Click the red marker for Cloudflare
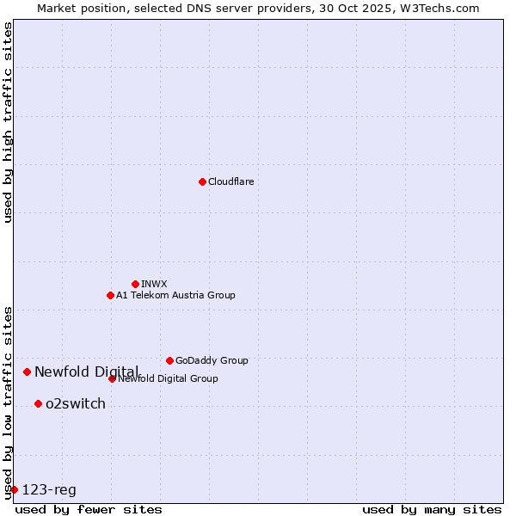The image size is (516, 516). click(202, 181)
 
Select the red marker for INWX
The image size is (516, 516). click(135, 284)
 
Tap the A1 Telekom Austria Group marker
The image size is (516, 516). click(110, 295)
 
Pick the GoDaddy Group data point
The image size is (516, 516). click(169, 360)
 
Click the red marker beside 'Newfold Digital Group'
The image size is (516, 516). click(112, 378)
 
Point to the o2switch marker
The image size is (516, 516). click(38, 403)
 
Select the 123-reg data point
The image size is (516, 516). click(14, 489)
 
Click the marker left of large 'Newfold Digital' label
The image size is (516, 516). click(27, 372)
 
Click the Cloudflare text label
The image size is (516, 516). click(230, 181)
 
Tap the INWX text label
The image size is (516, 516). click(154, 284)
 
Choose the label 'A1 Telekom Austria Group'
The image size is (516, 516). click(175, 295)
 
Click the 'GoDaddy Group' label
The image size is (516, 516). click(212, 360)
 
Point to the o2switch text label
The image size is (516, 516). click(76, 403)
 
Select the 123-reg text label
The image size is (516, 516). click(49, 489)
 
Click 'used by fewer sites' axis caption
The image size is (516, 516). click(89, 509)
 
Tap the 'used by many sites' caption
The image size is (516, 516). click(432, 509)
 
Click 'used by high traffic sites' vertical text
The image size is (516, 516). click(8, 122)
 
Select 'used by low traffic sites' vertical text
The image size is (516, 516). click(8, 402)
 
